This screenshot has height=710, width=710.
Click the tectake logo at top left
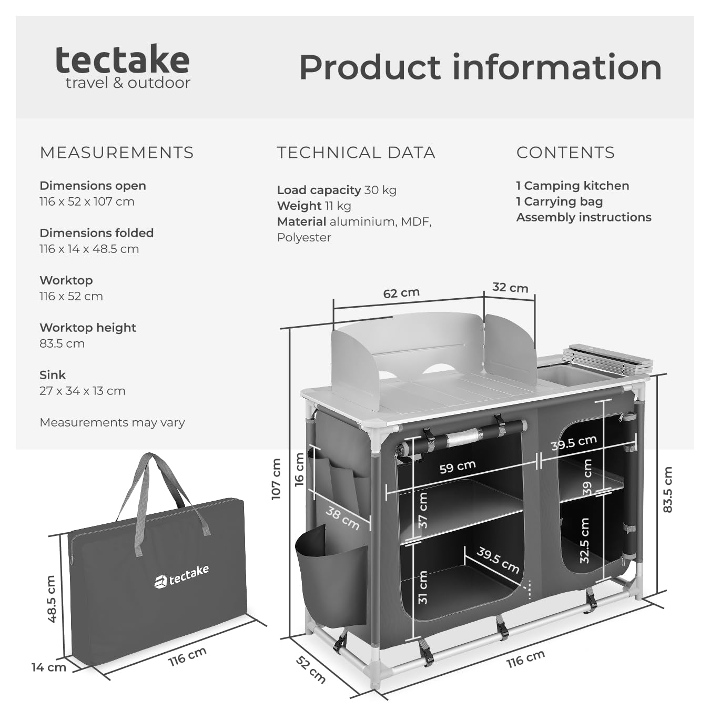coord(123,67)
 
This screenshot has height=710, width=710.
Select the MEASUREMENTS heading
coord(117,153)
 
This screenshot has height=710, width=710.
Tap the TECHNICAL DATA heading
coord(356,153)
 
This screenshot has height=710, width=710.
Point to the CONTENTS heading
coord(565,153)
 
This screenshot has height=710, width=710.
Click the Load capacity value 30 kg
coord(380,190)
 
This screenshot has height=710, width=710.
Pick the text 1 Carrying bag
coord(559,201)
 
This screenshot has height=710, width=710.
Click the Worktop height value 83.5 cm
coord(62,343)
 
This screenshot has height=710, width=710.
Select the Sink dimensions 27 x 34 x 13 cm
coord(83,391)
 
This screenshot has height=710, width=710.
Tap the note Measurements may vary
coord(112,422)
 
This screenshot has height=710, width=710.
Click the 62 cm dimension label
coord(401,293)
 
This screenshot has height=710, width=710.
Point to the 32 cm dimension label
coord(510,288)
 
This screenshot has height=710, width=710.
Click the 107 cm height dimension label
coord(276,479)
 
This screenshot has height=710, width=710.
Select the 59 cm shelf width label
coord(458,466)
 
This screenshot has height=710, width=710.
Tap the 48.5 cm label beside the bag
coord(52,599)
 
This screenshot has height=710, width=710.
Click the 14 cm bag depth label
coord(48,667)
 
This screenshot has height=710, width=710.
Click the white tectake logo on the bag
coord(181,576)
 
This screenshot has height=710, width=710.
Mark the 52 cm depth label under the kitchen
coord(310,670)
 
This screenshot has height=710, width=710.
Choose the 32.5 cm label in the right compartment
coord(584,540)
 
